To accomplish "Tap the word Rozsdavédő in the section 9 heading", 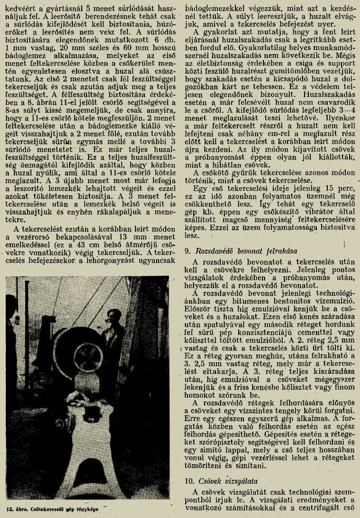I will pos(209,250).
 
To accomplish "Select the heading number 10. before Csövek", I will pos(188,480).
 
